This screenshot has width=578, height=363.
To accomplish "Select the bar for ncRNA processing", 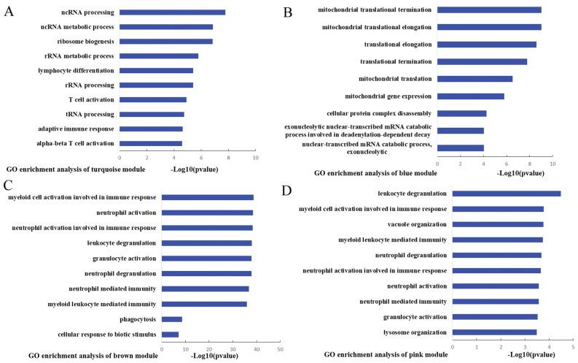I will point(172,12).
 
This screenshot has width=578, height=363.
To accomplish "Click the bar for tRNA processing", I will point(152,114).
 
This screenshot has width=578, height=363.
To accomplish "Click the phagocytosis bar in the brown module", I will point(171,319).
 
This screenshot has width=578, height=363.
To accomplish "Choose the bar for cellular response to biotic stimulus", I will point(170,335).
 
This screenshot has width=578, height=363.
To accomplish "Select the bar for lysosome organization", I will point(494,332).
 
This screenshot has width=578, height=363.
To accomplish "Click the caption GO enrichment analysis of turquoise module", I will point(75,169).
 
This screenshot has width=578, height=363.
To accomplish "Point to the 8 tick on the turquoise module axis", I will point(228,157).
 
